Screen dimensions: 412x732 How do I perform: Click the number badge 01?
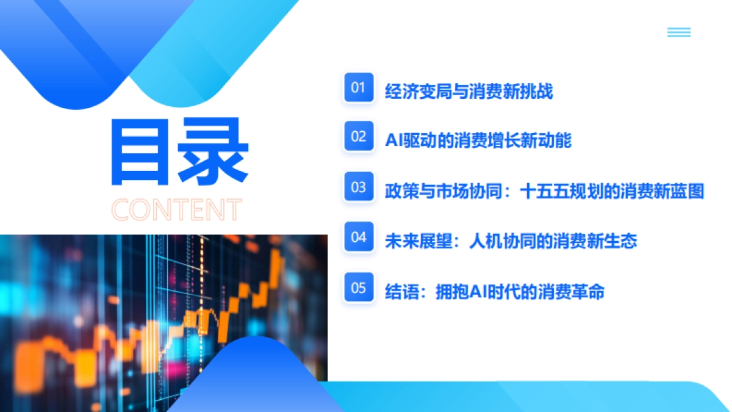(358, 87)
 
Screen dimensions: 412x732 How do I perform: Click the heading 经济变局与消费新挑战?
(468, 92)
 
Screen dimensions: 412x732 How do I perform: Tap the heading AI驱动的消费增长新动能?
(478, 141)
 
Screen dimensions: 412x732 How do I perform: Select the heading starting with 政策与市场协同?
(544, 192)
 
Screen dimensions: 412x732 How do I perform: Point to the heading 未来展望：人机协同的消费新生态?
(511, 241)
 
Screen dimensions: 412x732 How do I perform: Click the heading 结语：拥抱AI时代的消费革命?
(494, 292)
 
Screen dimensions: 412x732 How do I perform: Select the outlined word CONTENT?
(177, 209)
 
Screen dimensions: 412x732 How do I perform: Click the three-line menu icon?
(679, 32)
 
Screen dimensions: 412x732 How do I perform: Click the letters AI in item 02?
(392, 141)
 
